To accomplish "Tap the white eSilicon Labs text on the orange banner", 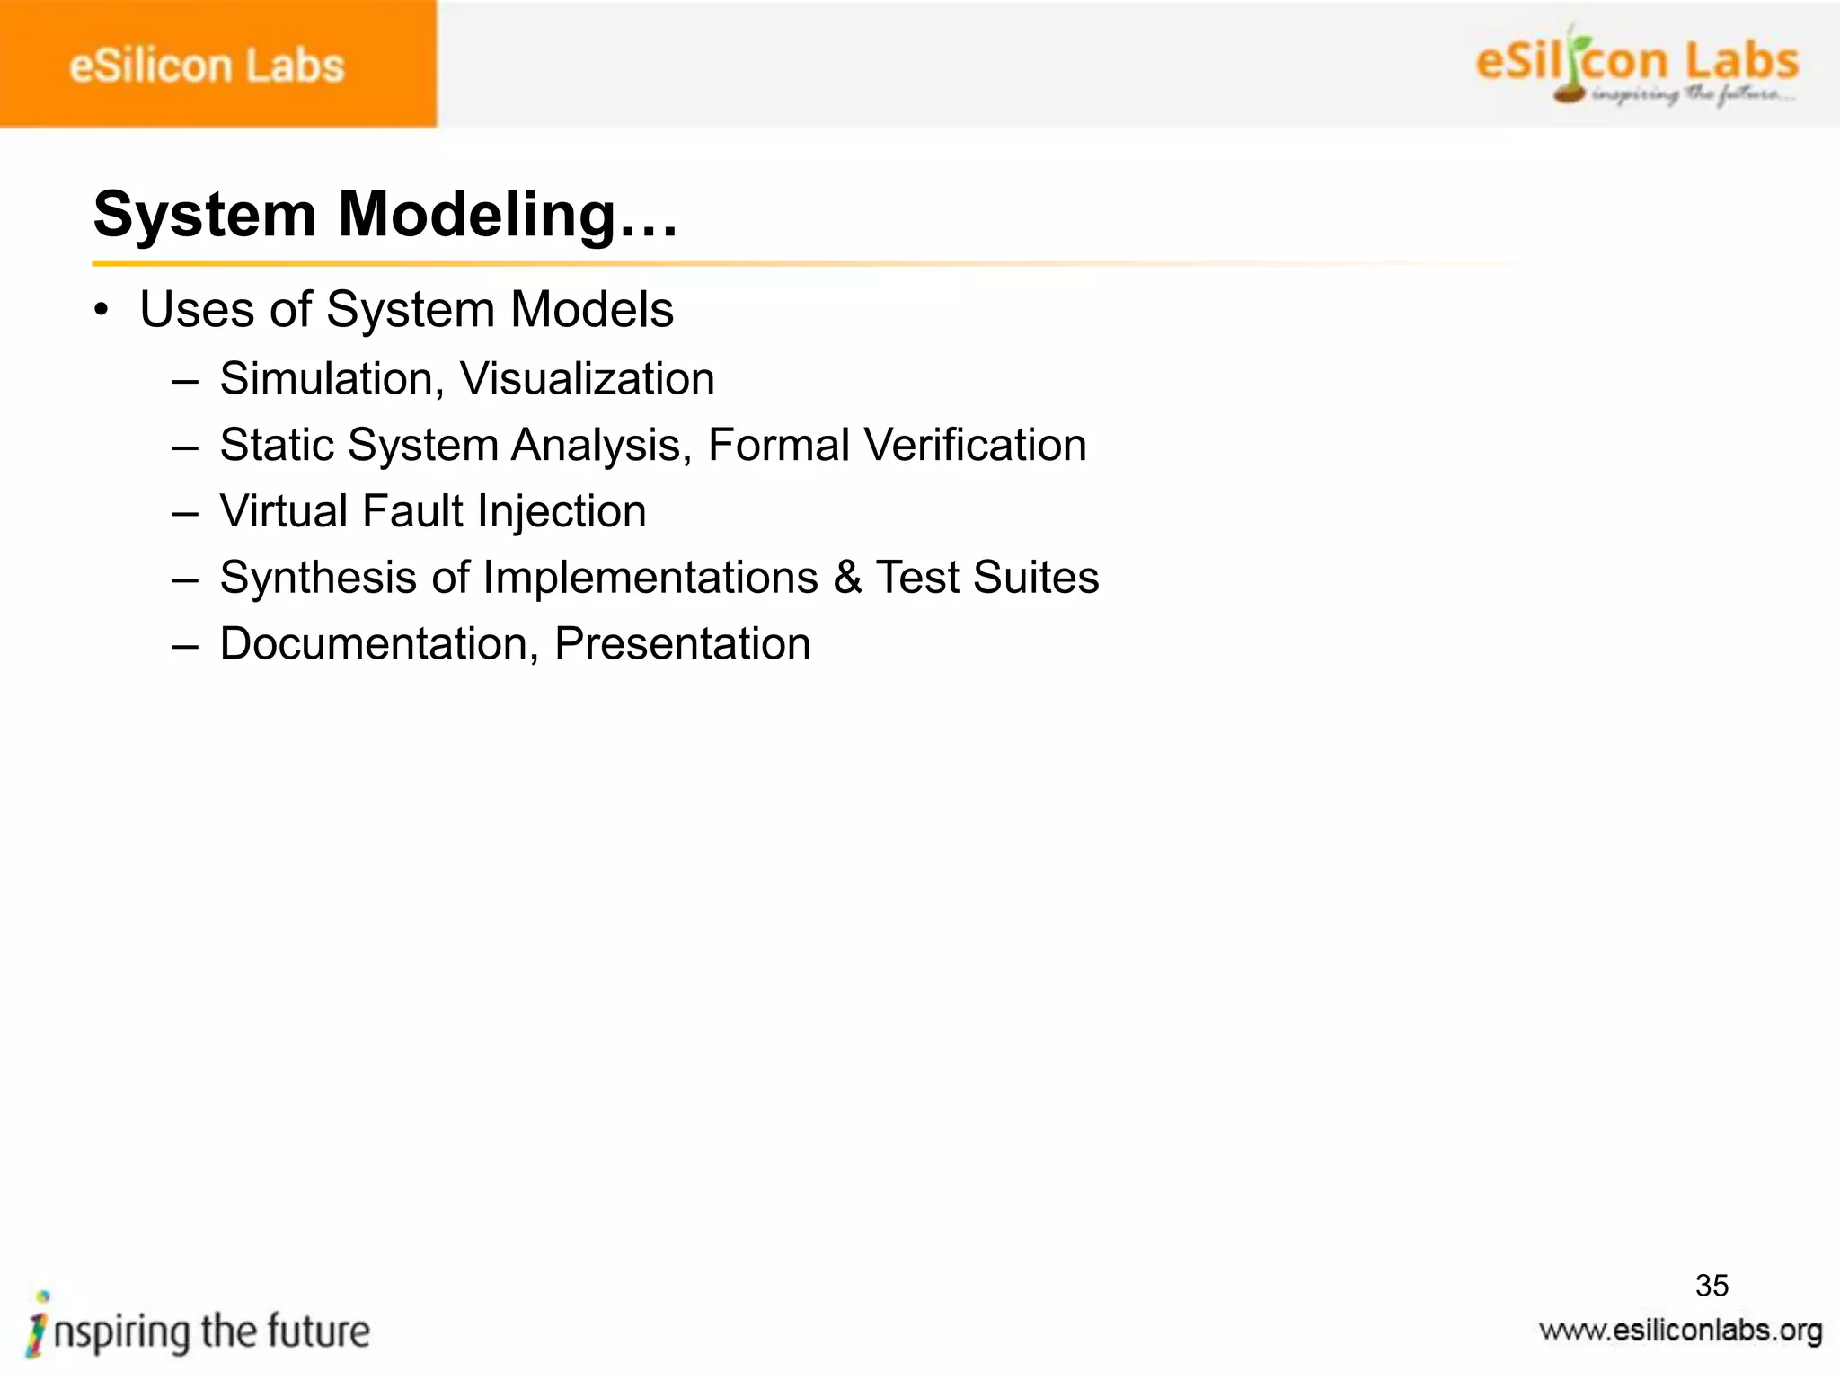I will tap(207, 66).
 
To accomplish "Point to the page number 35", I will tap(1712, 1286).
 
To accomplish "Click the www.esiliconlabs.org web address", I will tap(1680, 1331).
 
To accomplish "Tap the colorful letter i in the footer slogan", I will tap(39, 1324).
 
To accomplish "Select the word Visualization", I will tap(588, 378).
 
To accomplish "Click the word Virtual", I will tap(284, 511).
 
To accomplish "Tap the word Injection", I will tap(562, 511).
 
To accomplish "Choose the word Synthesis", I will tap(318, 578).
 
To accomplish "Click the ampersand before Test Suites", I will tap(847, 578).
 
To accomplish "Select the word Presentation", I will tap(682, 644).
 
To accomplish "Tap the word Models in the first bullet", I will tap(592, 310).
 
